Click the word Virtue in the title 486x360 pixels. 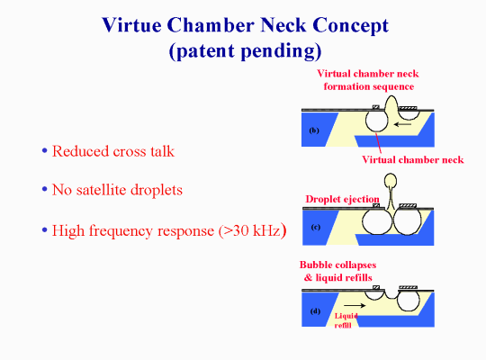click(x=131, y=25)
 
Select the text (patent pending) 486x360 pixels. click(x=245, y=50)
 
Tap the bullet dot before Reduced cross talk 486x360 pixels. click(x=45, y=151)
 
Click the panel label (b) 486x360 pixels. click(x=314, y=130)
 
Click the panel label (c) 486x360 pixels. click(x=316, y=227)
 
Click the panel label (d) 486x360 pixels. click(x=315, y=311)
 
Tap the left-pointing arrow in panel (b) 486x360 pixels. click(x=402, y=124)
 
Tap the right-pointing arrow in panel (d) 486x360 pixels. click(x=355, y=305)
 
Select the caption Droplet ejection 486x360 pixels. click(x=342, y=199)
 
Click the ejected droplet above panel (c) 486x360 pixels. click(x=391, y=181)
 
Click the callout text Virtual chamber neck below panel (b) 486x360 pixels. click(x=413, y=159)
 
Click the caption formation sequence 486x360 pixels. click(x=369, y=86)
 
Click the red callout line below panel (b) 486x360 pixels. click(x=378, y=143)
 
